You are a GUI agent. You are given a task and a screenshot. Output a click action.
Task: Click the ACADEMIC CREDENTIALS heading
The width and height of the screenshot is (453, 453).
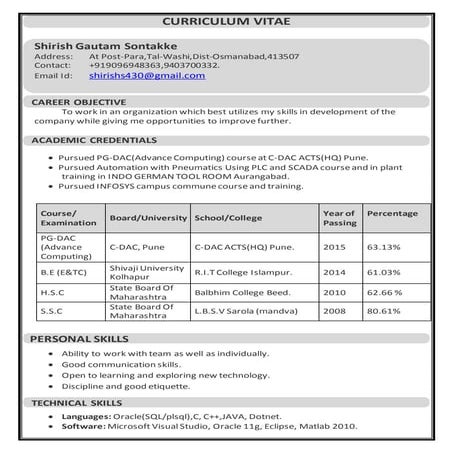pyautogui.click(x=95, y=141)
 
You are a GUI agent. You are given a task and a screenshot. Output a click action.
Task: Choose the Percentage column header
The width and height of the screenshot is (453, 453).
pyautogui.click(x=392, y=214)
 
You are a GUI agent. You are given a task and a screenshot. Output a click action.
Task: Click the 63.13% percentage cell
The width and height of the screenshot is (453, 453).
pyautogui.click(x=384, y=246)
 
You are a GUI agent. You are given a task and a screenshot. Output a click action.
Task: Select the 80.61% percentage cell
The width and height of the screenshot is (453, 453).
pyautogui.click(x=385, y=312)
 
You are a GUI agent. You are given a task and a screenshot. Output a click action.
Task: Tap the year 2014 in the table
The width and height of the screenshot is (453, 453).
pyautogui.click(x=334, y=271)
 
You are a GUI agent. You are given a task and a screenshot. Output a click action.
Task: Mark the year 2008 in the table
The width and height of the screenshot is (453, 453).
pyautogui.click(x=334, y=312)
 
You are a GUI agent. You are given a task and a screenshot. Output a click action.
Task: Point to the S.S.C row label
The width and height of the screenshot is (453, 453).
pyautogui.click(x=53, y=312)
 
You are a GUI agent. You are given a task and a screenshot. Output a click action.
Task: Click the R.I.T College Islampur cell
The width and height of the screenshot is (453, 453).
pyautogui.click(x=244, y=271)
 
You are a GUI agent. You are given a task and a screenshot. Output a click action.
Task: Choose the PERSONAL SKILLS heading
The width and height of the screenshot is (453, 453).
pyautogui.click(x=82, y=340)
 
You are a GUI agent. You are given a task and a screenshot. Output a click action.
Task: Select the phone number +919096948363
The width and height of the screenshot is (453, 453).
pyautogui.click(x=127, y=66)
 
